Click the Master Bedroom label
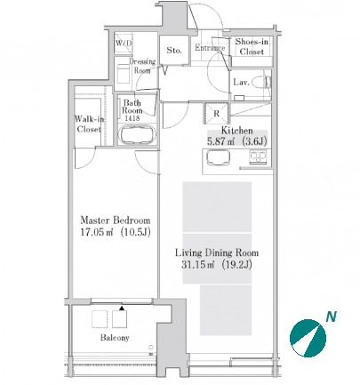point(116,221)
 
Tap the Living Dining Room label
point(217,253)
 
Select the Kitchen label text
point(237,131)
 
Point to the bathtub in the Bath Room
point(137,135)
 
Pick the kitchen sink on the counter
point(218,157)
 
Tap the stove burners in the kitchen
point(258,157)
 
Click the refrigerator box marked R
point(216,113)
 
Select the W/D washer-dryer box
point(124,44)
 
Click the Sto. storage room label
point(174,50)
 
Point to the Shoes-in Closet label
point(252,46)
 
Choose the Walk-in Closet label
point(89,124)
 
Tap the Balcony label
point(115,338)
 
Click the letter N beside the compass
point(332,317)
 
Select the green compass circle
point(308,338)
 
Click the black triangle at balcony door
point(122,308)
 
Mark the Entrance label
point(210,48)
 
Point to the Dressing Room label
point(142,66)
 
